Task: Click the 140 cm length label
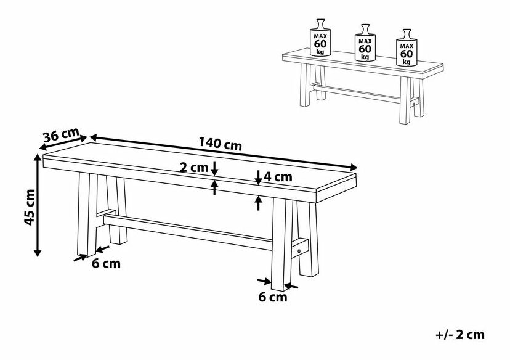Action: click(x=220, y=144)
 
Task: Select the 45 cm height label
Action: click(x=30, y=207)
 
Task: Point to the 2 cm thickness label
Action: click(x=194, y=168)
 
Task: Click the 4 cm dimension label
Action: click(x=278, y=177)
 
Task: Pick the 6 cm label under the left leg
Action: click(x=106, y=263)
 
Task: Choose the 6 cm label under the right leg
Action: click(x=273, y=297)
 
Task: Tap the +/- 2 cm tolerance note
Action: click(x=460, y=335)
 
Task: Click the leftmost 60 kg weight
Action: click(x=320, y=38)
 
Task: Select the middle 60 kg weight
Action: click(x=365, y=43)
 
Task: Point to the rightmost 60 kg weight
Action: click(x=407, y=47)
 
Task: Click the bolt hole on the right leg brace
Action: click(x=299, y=251)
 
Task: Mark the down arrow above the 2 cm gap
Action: click(x=214, y=168)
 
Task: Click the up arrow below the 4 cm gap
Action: click(x=258, y=203)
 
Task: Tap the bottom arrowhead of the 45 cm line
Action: click(x=38, y=253)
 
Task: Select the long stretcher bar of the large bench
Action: click(x=188, y=232)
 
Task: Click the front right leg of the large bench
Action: click(x=281, y=244)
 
